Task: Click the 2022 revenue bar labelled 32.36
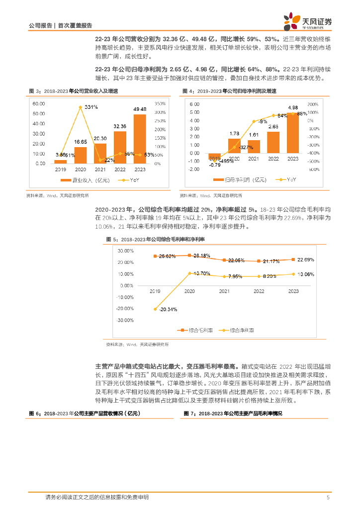(120, 148)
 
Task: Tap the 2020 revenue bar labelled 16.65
(81, 155)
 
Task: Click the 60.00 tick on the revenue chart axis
(39, 103)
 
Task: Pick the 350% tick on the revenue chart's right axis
(161, 103)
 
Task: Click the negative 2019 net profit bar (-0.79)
(214, 156)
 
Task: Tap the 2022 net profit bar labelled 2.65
(273, 142)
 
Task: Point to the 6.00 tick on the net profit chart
(194, 104)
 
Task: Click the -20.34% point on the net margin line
(155, 309)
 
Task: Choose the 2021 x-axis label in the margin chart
(225, 291)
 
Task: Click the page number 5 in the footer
(328, 497)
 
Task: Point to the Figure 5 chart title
(156, 240)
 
